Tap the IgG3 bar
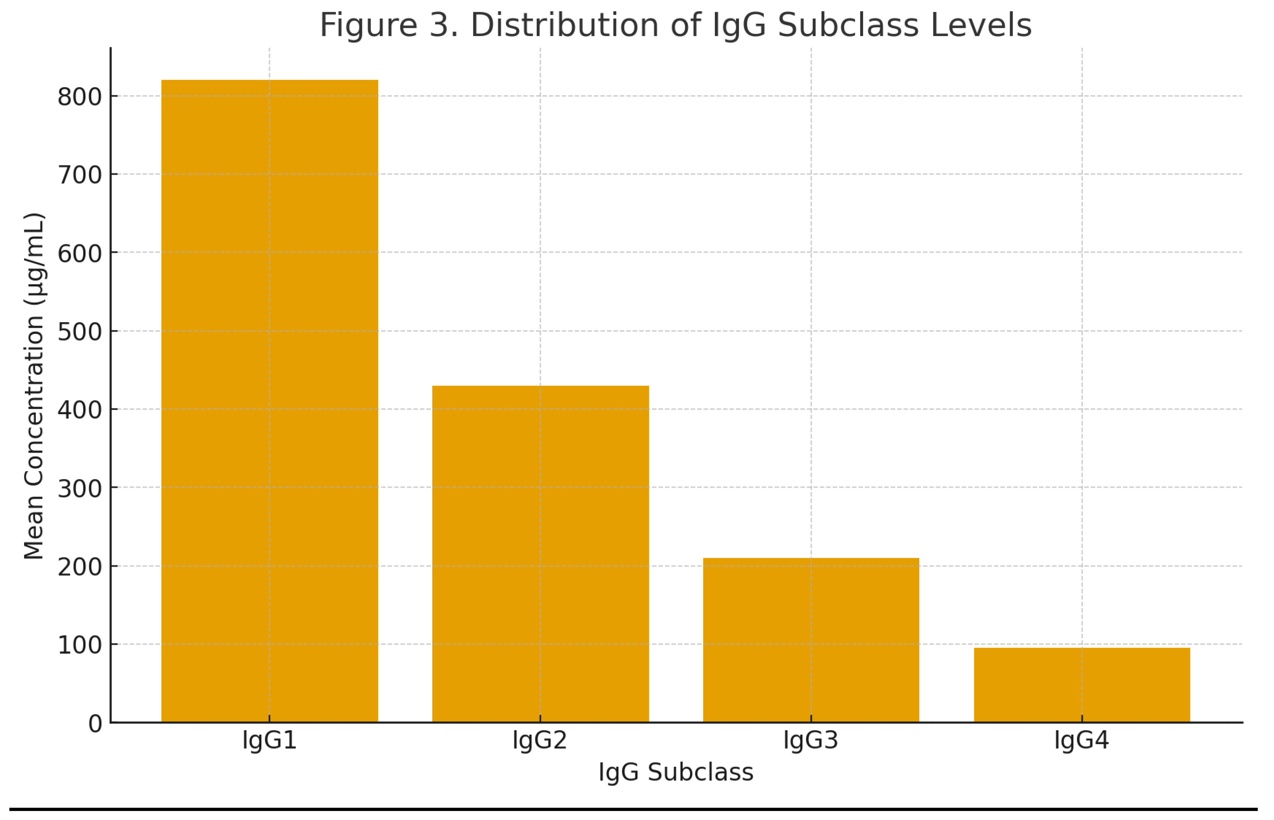pos(810,639)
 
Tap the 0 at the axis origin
pos(95,724)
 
